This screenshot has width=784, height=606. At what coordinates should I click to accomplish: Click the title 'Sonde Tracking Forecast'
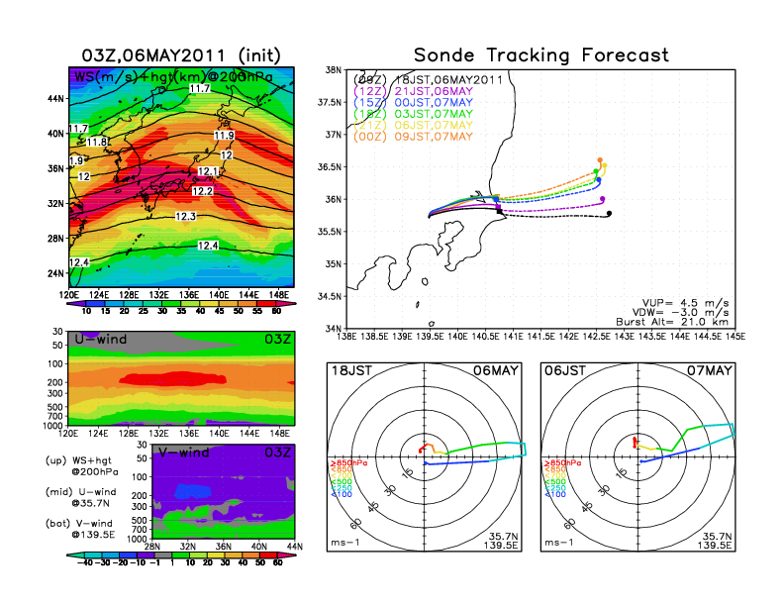point(540,55)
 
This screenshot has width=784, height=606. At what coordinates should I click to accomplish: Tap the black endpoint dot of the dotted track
point(609,214)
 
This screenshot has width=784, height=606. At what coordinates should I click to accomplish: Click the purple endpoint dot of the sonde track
point(603,199)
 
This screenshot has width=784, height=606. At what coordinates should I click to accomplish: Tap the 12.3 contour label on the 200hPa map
point(185,216)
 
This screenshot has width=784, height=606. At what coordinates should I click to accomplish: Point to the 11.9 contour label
point(224,136)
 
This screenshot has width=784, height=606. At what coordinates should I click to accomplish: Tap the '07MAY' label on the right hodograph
point(712,370)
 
